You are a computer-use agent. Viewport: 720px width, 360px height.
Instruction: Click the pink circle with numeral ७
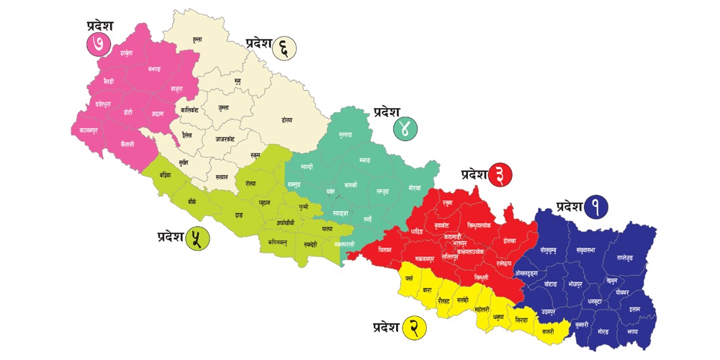[x=96, y=43]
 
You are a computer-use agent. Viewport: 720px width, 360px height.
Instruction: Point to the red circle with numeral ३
[x=500, y=174]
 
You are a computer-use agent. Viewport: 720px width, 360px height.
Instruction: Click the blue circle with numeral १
[x=595, y=207]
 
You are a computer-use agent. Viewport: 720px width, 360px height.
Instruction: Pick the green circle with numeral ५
[x=197, y=238]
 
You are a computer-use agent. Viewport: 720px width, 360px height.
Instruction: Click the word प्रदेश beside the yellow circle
[x=386, y=328]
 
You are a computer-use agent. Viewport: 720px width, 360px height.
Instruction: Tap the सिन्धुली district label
[x=481, y=277]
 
